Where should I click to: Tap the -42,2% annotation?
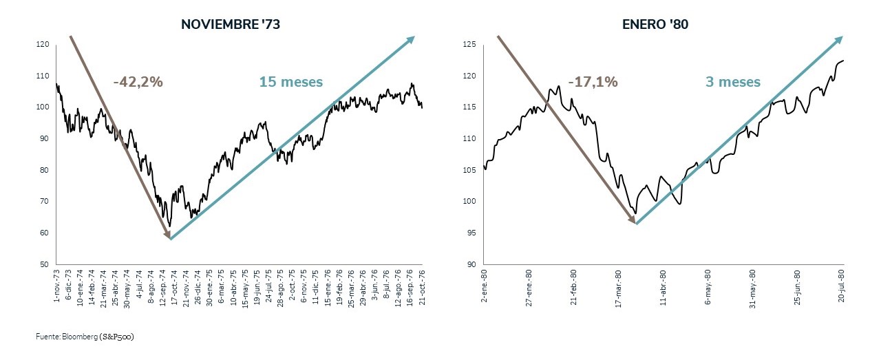pos(138,82)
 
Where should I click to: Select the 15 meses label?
pos(290,82)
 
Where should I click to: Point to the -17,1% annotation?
pos(593,82)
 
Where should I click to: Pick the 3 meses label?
pos(732,82)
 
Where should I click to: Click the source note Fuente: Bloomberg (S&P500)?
pos(85,337)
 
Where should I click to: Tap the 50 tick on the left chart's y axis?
pos(44,264)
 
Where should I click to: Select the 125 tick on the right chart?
pos(470,45)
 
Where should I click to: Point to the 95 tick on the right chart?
pos(471,233)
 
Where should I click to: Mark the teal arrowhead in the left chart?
pos(410,40)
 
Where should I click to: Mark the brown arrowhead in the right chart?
pos(632,219)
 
